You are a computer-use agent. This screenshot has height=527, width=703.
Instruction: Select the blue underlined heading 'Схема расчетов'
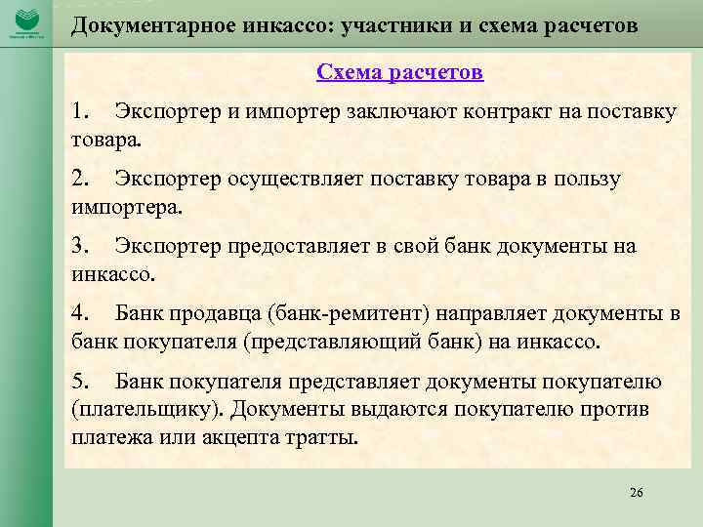[x=399, y=72]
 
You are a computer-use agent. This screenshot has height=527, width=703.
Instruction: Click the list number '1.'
[x=81, y=111]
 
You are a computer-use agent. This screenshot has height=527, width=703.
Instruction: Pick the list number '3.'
[x=81, y=246]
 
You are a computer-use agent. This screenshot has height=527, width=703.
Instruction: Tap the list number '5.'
[x=81, y=381]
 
